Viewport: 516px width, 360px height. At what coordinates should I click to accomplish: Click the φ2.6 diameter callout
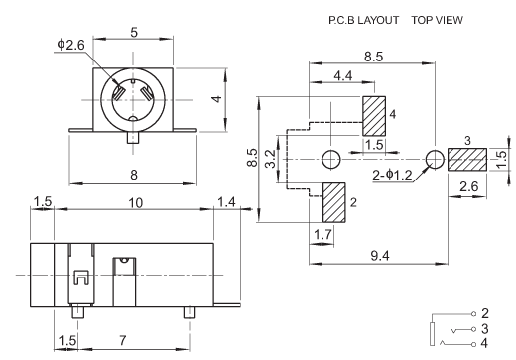[70, 45]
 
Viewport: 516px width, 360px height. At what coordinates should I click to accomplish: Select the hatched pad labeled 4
[374, 116]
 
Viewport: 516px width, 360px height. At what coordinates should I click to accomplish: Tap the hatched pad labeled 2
[333, 202]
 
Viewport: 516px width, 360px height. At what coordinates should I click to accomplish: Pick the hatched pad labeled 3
[467, 160]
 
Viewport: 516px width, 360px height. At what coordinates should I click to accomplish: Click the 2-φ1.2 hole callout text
[392, 175]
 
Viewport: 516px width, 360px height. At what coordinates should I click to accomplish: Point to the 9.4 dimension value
[380, 256]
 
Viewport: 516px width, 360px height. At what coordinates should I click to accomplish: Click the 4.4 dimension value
[343, 76]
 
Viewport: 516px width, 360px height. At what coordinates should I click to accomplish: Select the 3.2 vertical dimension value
[271, 159]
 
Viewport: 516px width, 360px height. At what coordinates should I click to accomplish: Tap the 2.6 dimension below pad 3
[469, 186]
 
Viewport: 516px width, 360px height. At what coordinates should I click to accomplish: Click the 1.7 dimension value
[322, 235]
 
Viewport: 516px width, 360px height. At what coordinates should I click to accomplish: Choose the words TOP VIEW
[437, 20]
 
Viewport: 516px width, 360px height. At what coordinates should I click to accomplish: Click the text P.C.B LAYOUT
[363, 20]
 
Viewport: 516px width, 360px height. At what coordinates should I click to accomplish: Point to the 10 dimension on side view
[135, 203]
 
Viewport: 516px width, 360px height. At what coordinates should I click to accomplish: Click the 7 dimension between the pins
[123, 340]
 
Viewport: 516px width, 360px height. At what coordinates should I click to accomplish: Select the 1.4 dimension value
[226, 202]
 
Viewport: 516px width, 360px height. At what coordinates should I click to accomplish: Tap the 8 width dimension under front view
[134, 175]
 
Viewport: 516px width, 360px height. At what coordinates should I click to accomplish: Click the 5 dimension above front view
[134, 33]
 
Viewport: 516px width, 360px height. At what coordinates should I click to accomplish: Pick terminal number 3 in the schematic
[484, 329]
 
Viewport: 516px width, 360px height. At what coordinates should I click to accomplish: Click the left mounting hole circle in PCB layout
[331, 160]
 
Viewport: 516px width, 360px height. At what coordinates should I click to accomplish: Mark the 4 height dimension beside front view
[216, 99]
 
